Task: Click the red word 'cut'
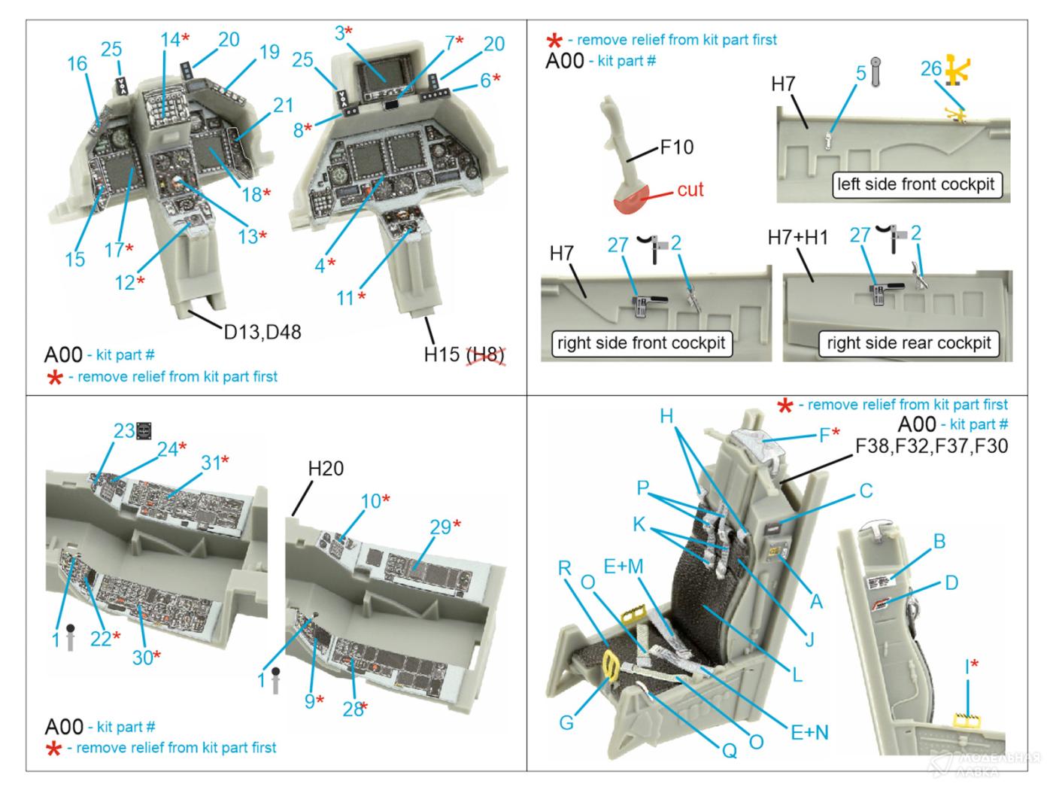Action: pyautogui.click(x=690, y=190)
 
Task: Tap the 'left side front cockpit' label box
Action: pyautogui.click(x=915, y=184)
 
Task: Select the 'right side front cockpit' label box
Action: pyautogui.click(x=641, y=343)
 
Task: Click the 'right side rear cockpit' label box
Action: pyautogui.click(x=909, y=343)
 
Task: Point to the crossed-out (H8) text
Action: pyautogui.click(x=486, y=354)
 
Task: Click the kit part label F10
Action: pyautogui.click(x=676, y=147)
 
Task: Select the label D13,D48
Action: pyautogui.click(x=262, y=331)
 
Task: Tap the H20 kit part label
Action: pyautogui.click(x=326, y=469)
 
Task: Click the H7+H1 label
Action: pyautogui.click(x=797, y=238)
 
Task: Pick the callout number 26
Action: pyautogui.click(x=931, y=69)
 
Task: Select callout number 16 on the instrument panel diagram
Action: pyautogui.click(x=77, y=63)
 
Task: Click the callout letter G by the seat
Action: pyautogui.click(x=566, y=722)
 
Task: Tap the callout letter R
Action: pyautogui.click(x=566, y=567)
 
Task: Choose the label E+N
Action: pyautogui.click(x=809, y=732)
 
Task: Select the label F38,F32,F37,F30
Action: pyautogui.click(x=931, y=447)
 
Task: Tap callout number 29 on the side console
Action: pyautogui.click(x=440, y=527)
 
